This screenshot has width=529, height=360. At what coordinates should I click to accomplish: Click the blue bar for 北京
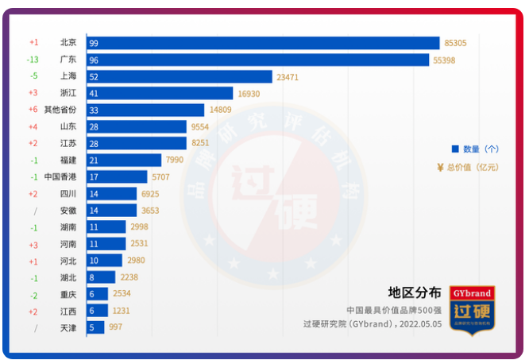(x=263, y=43)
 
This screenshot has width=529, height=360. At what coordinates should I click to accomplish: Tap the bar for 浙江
(x=160, y=93)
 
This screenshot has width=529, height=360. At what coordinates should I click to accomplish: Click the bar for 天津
(x=95, y=327)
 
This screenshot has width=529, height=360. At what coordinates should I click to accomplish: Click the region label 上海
(x=68, y=76)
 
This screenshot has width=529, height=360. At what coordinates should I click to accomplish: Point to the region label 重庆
(x=68, y=294)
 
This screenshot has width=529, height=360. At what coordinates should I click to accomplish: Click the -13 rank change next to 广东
(x=33, y=60)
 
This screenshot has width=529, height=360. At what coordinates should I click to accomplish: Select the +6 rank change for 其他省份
(x=33, y=110)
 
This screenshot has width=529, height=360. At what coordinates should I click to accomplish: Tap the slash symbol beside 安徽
(x=34, y=211)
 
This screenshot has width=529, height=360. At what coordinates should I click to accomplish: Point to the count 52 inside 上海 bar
(x=95, y=76)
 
